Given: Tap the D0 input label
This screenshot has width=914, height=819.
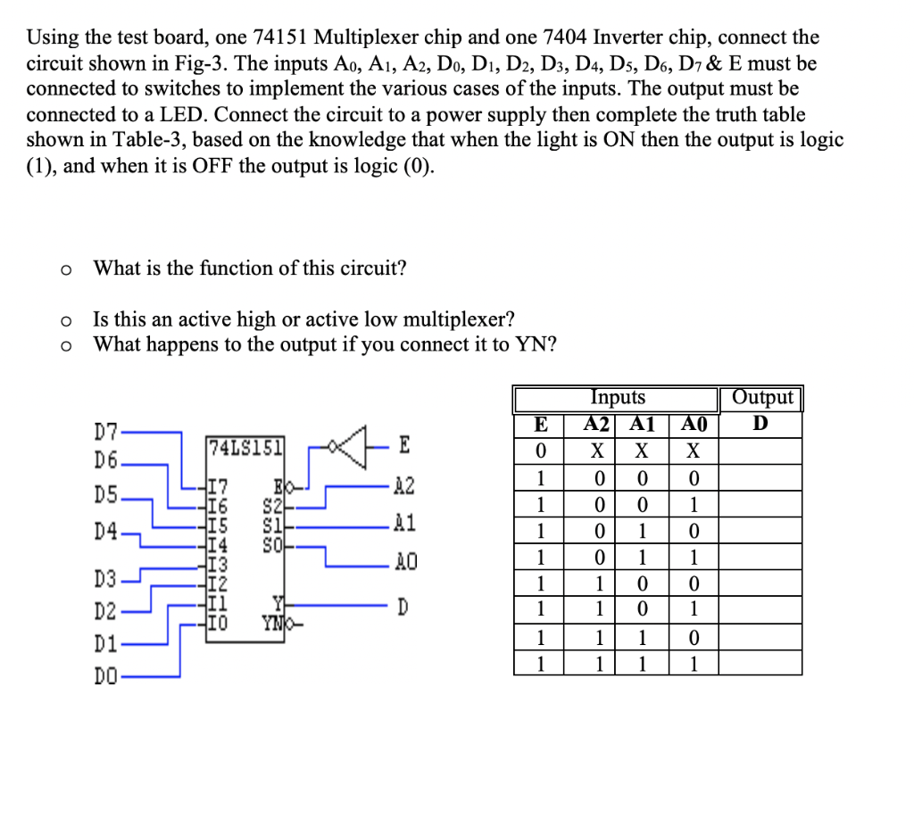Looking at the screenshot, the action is (106, 677).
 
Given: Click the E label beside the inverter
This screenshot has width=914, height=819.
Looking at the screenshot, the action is (405, 443).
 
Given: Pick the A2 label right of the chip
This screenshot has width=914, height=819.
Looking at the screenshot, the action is (403, 486).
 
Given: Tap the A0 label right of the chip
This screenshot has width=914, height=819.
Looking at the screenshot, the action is (403, 563).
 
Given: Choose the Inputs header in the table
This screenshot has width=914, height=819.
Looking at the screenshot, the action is (618, 398).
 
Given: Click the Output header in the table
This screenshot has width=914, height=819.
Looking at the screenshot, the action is (761, 398).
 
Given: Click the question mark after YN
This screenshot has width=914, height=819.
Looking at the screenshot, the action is (550, 344).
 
